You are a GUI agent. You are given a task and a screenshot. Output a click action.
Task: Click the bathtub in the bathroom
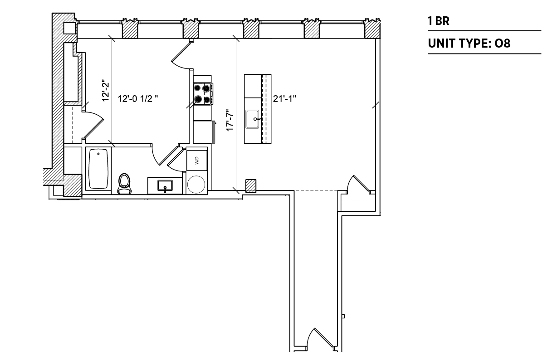pos(98,169)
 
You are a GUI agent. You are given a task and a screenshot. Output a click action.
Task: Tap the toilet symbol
pos(124,184)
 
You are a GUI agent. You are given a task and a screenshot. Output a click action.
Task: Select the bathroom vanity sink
pos(165,186)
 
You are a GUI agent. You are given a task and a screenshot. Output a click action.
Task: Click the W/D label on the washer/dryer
pos(197,161)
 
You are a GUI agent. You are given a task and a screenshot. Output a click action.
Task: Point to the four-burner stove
pos(203,93)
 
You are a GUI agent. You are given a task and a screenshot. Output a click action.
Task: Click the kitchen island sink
pos(252,119)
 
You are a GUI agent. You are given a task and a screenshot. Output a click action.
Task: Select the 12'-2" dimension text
pos(106,90)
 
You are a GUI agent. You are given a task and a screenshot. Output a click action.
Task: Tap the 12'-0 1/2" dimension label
pos(138,99)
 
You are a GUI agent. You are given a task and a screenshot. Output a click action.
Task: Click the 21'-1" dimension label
pos(284,99)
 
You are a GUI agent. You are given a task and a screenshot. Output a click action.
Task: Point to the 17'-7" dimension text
pos(230,120)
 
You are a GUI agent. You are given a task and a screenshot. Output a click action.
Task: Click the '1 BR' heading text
pos(439,21)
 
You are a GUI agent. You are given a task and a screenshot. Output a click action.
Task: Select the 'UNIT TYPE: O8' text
pos(469,44)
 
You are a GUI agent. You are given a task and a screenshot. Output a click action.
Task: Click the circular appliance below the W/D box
pos(196,185)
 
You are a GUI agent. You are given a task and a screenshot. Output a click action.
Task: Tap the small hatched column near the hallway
pos(251,186)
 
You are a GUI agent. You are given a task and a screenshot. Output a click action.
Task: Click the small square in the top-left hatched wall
pos(69,28)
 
